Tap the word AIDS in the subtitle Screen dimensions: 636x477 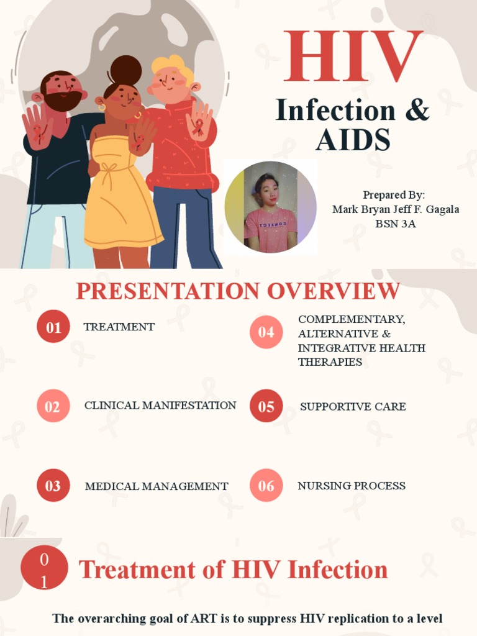tap(353, 140)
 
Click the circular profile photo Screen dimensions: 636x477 tap(270, 207)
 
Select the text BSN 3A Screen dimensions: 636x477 tap(395, 224)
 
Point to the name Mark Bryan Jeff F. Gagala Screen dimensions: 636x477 tap(396, 209)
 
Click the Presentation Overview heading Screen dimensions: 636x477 tap(238, 291)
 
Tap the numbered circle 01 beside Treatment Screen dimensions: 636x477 tap(53, 327)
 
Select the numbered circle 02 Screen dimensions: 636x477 tap(53, 406)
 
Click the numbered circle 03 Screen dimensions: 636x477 tap(53, 486)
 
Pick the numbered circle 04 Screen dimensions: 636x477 tap(266, 332)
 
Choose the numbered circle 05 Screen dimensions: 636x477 tap(266, 406)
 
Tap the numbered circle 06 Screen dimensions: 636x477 tap(266, 486)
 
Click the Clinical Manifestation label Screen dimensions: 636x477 tap(160, 406)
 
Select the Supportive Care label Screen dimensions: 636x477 tap(353, 407)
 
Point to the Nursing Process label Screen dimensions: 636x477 tap(352, 486)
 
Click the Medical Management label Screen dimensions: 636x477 tap(157, 486)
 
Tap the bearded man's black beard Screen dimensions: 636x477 tap(62, 101)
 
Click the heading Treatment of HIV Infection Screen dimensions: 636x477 tap(234, 570)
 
